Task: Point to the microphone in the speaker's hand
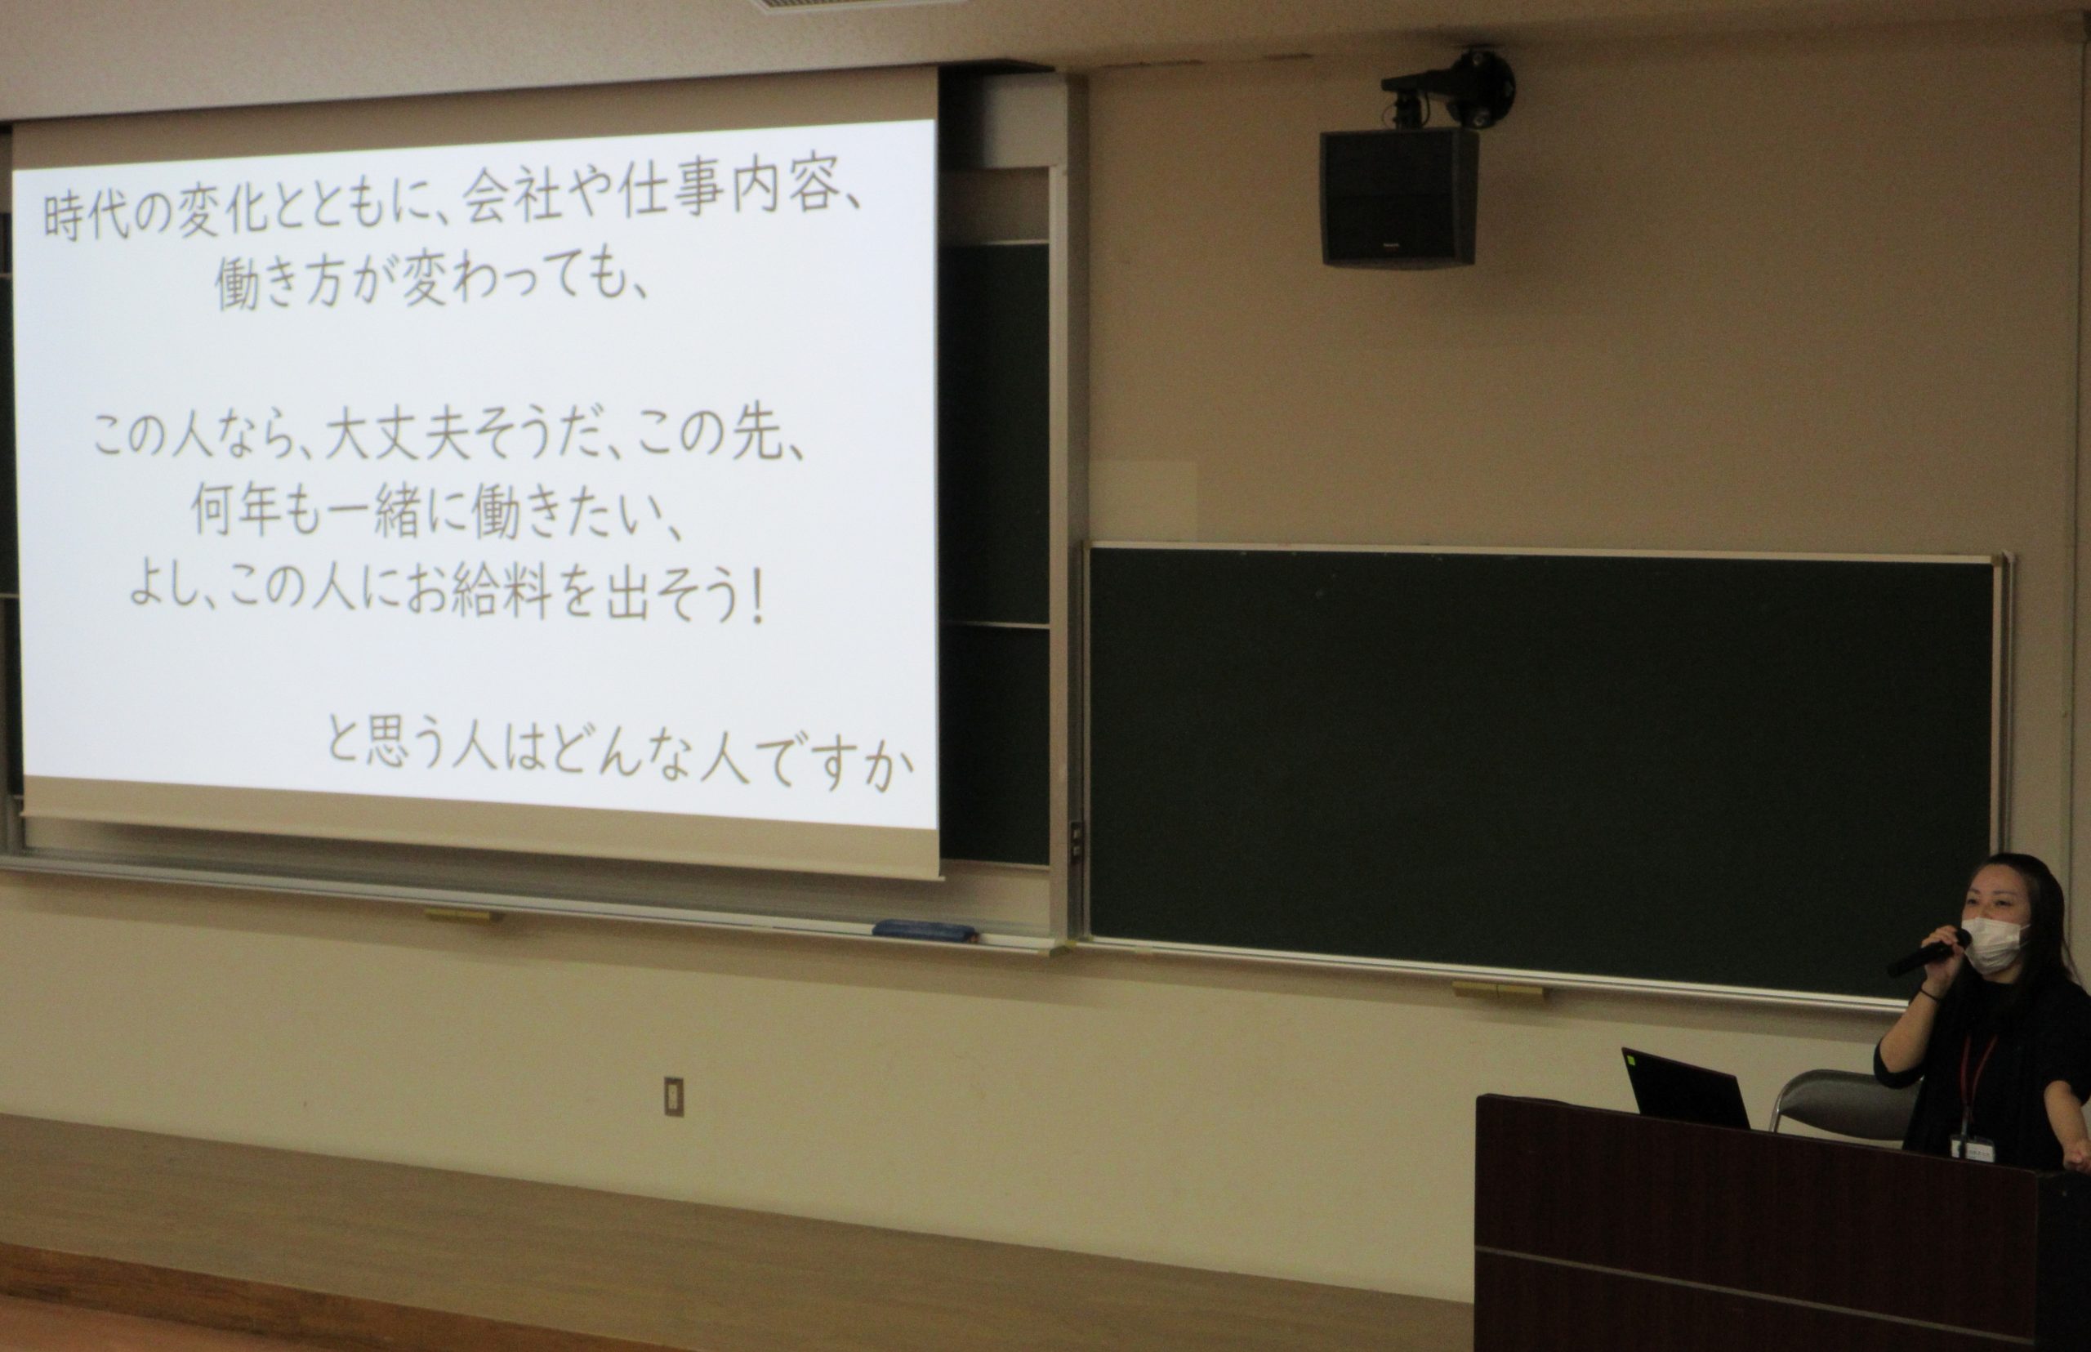[x=1928, y=952]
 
